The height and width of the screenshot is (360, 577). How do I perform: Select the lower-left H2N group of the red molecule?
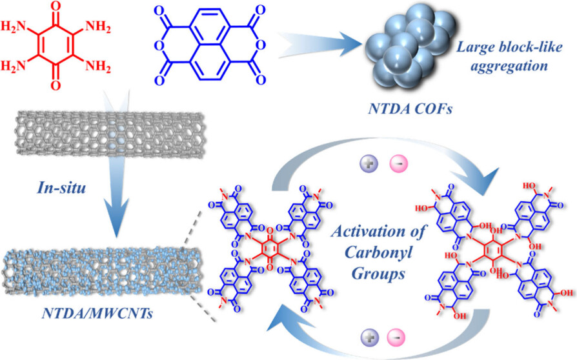[21, 67]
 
